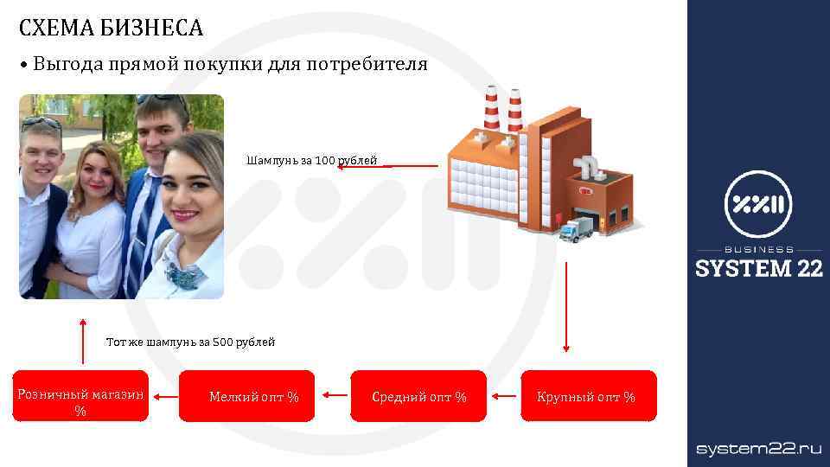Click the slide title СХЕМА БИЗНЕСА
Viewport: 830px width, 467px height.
click(111, 29)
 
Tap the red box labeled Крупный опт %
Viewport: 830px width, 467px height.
click(588, 396)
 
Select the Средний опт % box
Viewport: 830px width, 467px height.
click(418, 396)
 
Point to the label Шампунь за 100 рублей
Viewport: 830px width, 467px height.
click(311, 161)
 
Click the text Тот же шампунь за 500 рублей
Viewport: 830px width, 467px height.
click(190, 342)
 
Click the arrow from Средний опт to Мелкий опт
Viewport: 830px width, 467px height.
click(333, 396)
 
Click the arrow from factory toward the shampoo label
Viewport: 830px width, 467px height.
click(389, 166)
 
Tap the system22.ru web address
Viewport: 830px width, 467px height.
click(759, 448)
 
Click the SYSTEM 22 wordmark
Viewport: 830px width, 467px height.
click(759, 269)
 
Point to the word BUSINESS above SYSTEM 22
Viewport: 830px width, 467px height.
click(759, 250)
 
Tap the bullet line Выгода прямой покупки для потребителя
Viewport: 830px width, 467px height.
click(229, 65)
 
